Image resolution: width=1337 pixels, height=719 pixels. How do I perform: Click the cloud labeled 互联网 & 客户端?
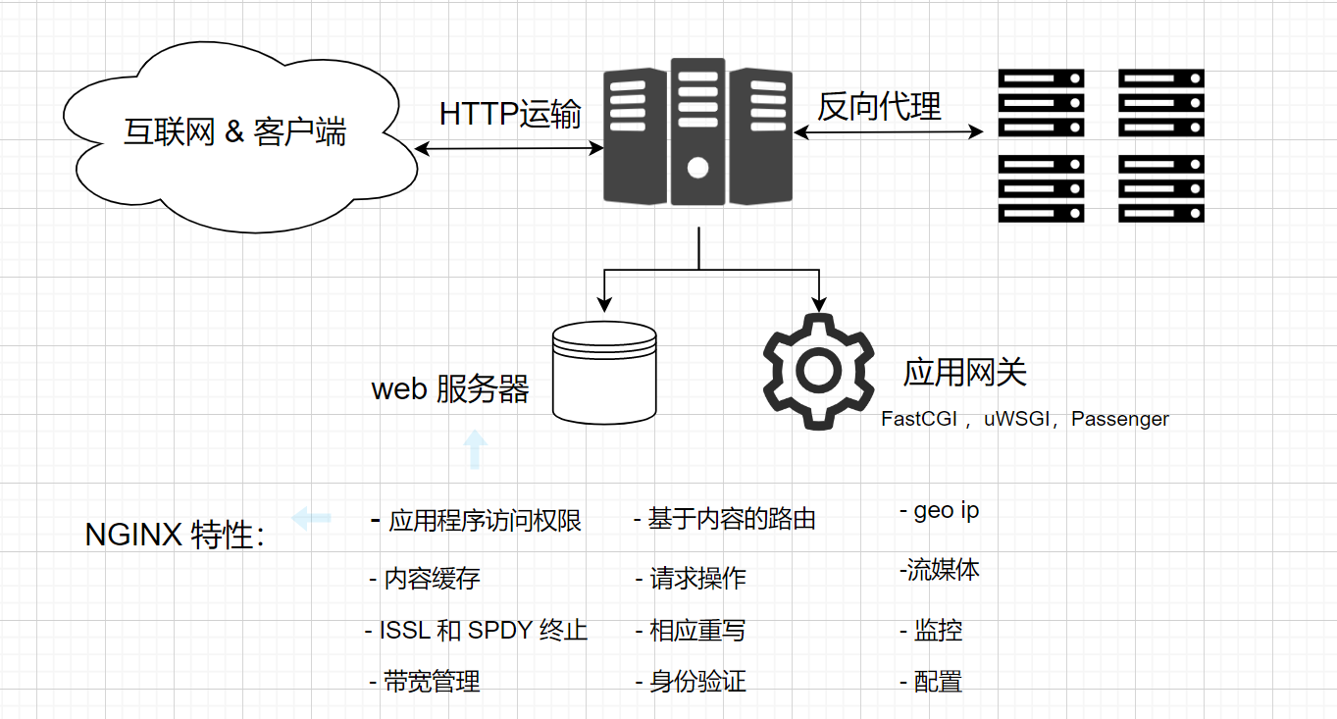pyautogui.click(x=235, y=132)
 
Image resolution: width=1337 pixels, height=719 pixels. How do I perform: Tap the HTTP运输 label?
pyautogui.click(x=510, y=114)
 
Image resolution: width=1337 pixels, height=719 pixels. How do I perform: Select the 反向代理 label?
pyautogui.click(x=879, y=106)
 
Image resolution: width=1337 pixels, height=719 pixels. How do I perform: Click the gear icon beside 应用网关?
pyautogui.click(x=818, y=371)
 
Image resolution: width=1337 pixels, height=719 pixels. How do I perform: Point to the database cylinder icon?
pyautogui.click(x=604, y=372)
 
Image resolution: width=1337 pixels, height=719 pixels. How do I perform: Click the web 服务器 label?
pyautogui.click(x=450, y=389)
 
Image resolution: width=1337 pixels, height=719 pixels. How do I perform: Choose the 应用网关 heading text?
pyautogui.click(x=964, y=373)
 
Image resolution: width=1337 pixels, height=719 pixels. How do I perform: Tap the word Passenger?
pyautogui.click(x=1120, y=419)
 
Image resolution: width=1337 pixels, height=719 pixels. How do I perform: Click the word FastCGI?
pyautogui.click(x=919, y=419)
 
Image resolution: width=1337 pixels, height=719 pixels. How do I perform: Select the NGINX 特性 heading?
pyautogui.click(x=175, y=536)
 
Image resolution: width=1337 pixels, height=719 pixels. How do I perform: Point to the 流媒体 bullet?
pyautogui.click(x=943, y=570)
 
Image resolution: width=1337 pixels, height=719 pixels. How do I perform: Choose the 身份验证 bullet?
pyautogui.click(x=697, y=682)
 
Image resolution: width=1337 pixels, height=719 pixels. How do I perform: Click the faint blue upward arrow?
pyautogui.click(x=475, y=449)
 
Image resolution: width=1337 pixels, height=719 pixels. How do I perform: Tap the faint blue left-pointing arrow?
pyautogui.click(x=312, y=517)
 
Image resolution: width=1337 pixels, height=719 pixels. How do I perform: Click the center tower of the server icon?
pyautogui.click(x=698, y=130)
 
